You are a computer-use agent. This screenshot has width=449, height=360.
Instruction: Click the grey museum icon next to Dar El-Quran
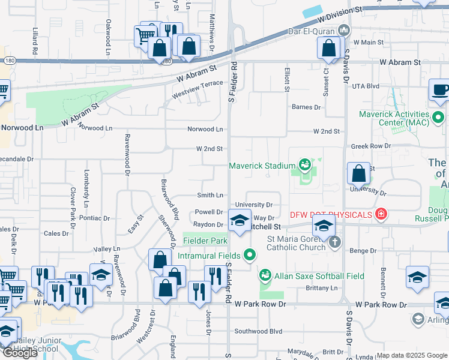tap(344, 29)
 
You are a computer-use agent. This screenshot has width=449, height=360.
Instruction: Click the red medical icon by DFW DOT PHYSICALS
tap(380, 214)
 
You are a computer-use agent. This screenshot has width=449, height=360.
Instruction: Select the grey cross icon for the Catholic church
tap(335, 242)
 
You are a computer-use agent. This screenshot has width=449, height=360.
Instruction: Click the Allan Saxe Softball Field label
tap(319, 276)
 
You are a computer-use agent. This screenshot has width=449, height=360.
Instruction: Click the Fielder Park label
tap(205, 241)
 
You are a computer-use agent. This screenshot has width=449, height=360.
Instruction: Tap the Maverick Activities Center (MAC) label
tap(394, 119)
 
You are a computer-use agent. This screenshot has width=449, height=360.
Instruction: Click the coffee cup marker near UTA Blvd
tap(440, 91)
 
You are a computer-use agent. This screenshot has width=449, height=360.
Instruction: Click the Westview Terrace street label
tap(197, 89)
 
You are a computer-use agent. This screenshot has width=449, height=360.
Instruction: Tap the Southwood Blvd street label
tap(258, 331)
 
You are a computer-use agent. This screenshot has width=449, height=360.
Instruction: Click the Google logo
tap(20, 353)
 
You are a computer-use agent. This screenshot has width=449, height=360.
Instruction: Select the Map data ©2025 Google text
tap(412, 355)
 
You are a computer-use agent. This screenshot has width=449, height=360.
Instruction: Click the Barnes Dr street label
tap(306, 107)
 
